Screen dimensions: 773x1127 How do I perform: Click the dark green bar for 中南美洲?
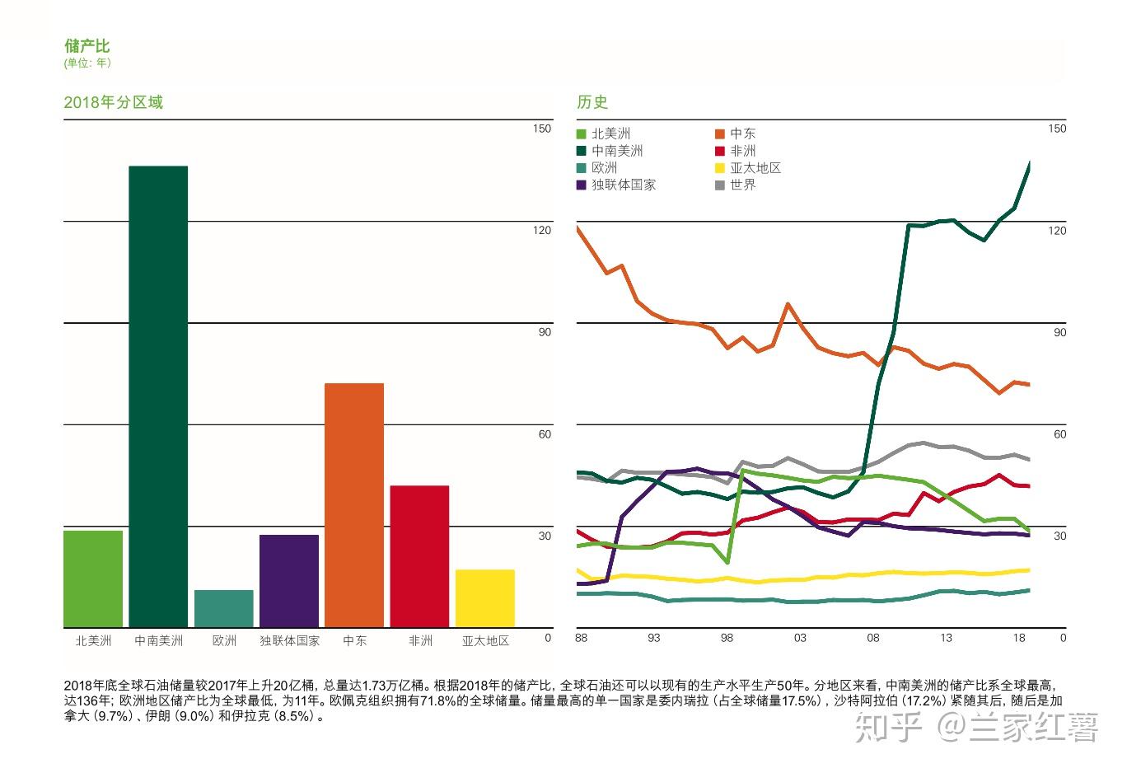(158, 396)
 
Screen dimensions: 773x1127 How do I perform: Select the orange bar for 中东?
(354, 505)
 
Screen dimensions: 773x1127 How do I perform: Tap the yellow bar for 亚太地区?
(485, 598)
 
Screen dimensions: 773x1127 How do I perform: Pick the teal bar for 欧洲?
(224, 608)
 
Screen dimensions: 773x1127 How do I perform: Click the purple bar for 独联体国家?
(289, 581)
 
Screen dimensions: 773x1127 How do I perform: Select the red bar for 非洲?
(419, 556)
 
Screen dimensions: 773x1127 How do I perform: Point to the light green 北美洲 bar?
(93, 579)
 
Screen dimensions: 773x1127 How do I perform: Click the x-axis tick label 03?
(800, 638)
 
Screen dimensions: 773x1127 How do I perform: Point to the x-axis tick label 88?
(582, 638)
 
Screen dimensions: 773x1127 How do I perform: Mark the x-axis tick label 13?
(946, 638)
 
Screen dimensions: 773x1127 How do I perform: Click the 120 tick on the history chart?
(1057, 231)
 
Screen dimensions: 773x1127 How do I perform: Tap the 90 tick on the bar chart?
(545, 332)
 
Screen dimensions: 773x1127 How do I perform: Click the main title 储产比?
(87, 46)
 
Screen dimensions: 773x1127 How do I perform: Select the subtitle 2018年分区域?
(114, 102)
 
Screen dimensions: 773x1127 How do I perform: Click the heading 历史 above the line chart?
(592, 102)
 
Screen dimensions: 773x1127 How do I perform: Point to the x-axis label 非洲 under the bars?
(420, 640)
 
